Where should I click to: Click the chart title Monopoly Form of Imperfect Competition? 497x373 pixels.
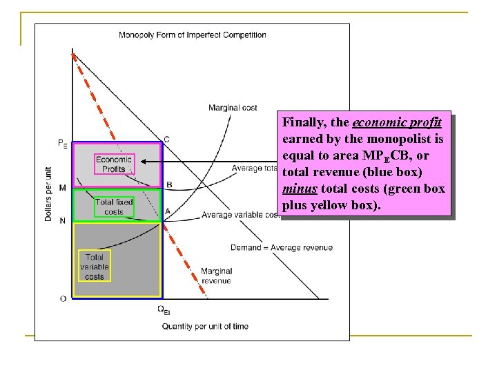pyautogui.click(x=192, y=35)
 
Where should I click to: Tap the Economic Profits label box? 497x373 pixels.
pyautogui.click(x=114, y=164)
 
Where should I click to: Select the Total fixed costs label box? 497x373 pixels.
pyautogui.click(x=114, y=207)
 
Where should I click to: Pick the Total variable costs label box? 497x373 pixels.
pyautogui.click(x=94, y=267)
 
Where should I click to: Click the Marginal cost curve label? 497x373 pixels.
pyautogui.click(x=233, y=108)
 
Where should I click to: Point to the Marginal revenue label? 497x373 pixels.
pyautogui.click(x=217, y=276)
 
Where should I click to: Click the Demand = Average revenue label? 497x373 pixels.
pyautogui.click(x=282, y=247)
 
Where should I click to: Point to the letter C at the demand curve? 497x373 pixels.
pyautogui.click(x=166, y=139)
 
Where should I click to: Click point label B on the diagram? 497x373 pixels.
pyautogui.click(x=168, y=184)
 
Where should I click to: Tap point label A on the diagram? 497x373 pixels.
pyautogui.click(x=168, y=211)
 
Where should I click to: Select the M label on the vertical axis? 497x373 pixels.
pyautogui.click(x=63, y=188)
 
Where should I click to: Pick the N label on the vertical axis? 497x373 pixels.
pyautogui.click(x=63, y=220)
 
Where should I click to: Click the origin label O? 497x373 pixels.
pyautogui.click(x=64, y=298)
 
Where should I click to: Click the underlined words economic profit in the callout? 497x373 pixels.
pyautogui.click(x=398, y=123)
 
